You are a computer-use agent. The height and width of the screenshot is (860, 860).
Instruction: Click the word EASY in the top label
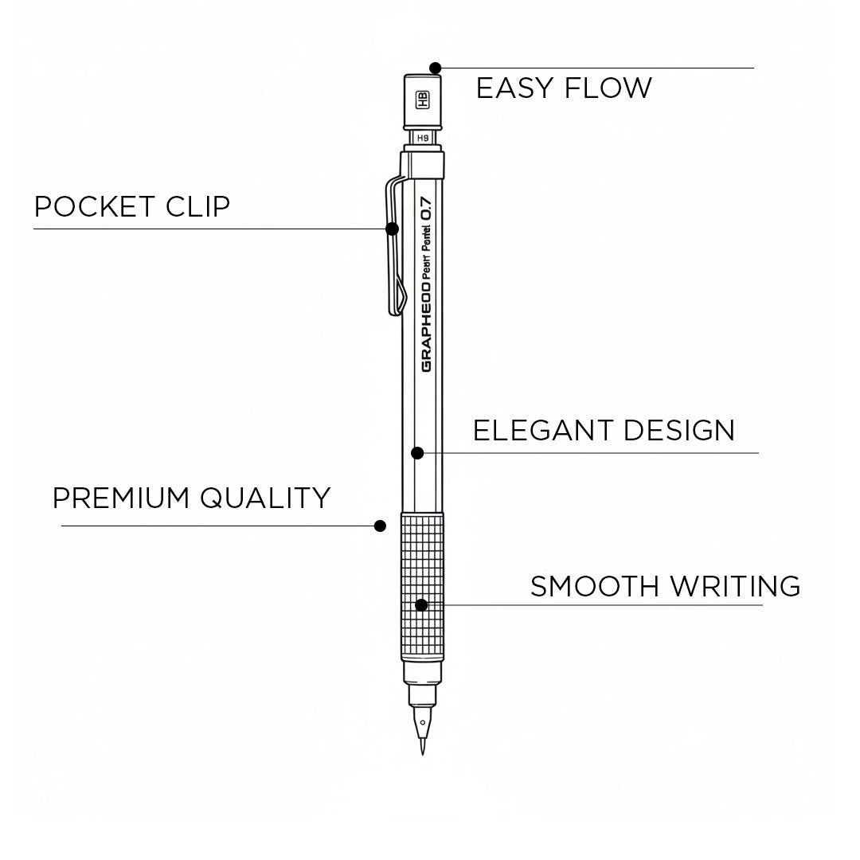[x=510, y=88]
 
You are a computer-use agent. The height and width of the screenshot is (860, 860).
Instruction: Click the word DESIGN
[x=678, y=430]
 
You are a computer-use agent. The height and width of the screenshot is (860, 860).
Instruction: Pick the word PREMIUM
[x=121, y=498]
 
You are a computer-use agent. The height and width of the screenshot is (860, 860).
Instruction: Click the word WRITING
[x=735, y=586]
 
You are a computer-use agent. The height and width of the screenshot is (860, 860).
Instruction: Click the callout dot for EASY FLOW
[x=435, y=68]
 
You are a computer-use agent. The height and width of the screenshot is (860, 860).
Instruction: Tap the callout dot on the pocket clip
[x=392, y=229]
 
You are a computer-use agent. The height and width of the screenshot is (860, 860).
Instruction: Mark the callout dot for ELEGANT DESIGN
[x=416, y=453]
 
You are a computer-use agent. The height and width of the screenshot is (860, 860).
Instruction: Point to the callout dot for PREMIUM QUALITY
[x=381, y=526]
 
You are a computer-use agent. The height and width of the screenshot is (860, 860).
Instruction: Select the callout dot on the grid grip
[x=421, y=605]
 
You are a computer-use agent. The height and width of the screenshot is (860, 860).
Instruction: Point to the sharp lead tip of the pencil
[x=422, y=749]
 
